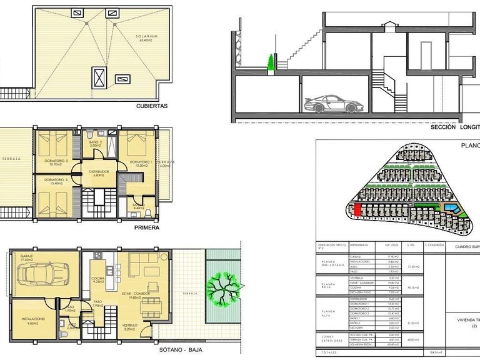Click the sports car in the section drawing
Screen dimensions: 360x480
330,104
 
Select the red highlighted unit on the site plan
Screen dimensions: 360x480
357,211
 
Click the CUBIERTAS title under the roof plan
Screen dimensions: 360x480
152,106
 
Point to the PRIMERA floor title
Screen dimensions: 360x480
147,228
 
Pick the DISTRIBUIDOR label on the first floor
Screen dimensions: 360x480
99,171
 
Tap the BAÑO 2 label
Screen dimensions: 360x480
95,142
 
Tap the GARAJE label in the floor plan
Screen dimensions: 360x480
26,256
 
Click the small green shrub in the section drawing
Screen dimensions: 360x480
271,62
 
